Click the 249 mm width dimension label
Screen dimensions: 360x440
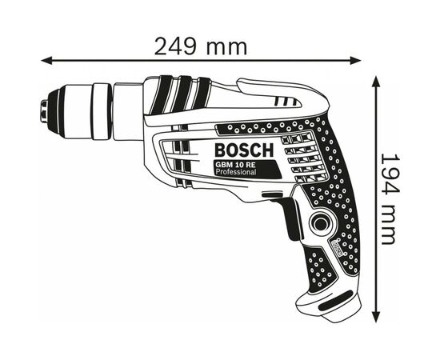click(201, 46)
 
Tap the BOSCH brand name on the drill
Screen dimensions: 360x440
click(243, 150)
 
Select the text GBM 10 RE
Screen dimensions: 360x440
click(236, 166)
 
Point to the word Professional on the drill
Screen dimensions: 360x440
click(236, 174)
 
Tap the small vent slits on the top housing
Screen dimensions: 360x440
click(284, 102)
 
